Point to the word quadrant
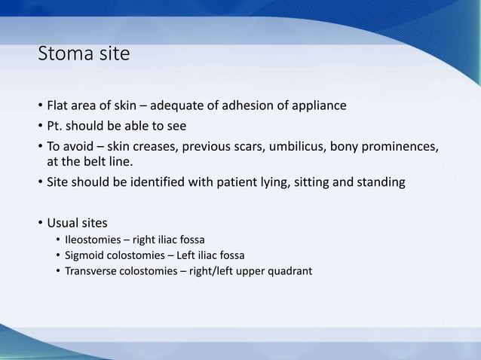(x=287, y=270)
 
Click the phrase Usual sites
(x=76, y=223)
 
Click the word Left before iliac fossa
(x=196, y=255)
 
